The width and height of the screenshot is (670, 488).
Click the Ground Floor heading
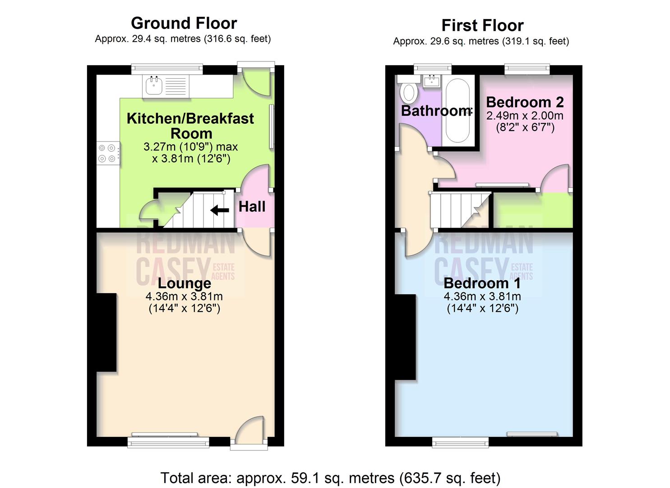[x=184, y=23]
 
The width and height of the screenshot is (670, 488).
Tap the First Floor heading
[x=482, y=25]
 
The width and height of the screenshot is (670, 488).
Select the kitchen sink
[x=154, y=85]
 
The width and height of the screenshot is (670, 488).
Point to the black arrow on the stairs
[x=220, y=210]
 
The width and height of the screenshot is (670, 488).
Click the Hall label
[x=252, y=206]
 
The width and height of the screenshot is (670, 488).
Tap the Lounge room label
[x=184, y=283]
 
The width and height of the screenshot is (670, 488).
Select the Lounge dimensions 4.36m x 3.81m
[x=184, y=297]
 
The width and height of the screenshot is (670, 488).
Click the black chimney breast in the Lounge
[x=107, y=332]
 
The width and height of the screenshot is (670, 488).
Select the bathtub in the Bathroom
[x=457, y=111]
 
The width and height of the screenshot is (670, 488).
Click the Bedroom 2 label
[x=525, y=102]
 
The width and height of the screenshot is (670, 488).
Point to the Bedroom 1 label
[x=482, y=283]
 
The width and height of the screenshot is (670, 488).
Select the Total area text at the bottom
[x=330, y=478]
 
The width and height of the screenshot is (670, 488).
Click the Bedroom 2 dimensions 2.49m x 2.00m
[x=525, y=116]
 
